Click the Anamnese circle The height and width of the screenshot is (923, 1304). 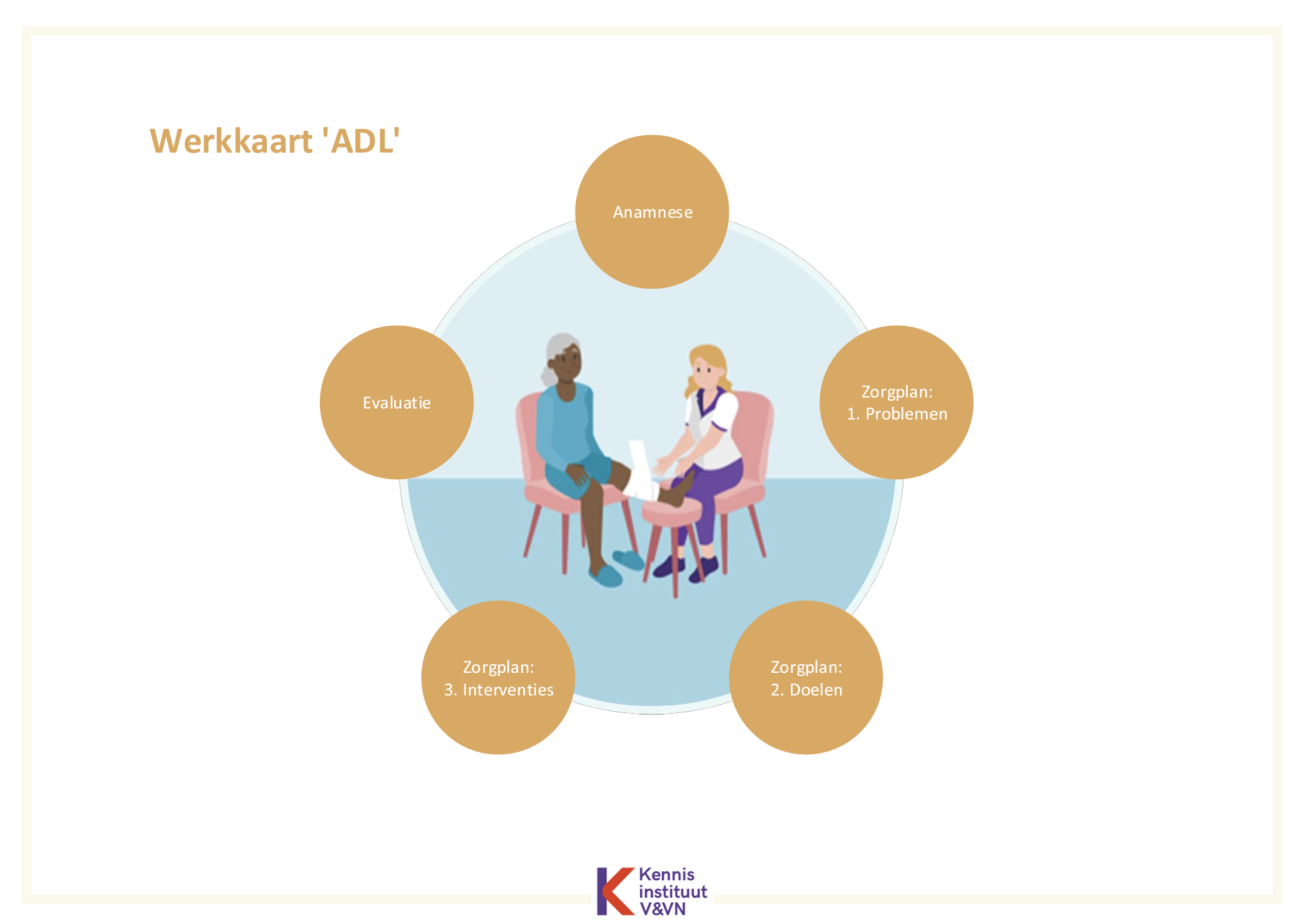point(652,211)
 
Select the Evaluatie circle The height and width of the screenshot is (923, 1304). point(397,402)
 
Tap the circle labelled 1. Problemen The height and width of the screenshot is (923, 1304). point(896,402)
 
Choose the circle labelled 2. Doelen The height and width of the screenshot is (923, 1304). point(806,677)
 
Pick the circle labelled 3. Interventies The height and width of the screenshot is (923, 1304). point(498,677)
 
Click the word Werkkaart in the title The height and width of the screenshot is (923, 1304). point(231,141)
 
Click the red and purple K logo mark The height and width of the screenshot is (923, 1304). point(615,891)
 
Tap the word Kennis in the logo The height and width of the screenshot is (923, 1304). point(666,875)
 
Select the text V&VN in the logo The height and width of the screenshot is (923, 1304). point(662,909)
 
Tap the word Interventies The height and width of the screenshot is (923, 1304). point(508,690)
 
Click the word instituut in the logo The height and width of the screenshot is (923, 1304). point(673,892)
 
